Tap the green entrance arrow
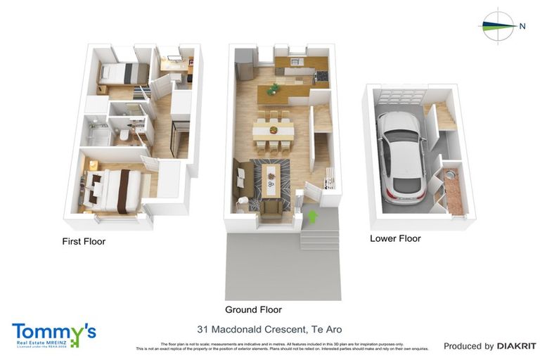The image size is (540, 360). point(313,216)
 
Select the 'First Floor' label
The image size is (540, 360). point(84,241)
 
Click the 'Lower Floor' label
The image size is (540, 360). point(395,238)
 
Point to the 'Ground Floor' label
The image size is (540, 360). point(253,309)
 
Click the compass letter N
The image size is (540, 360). point(522,26)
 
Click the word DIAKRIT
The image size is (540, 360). point(517,346)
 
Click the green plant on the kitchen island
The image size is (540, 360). point(273,89)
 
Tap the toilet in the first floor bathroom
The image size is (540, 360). point(124,135)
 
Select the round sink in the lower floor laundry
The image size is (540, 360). point(447,172)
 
